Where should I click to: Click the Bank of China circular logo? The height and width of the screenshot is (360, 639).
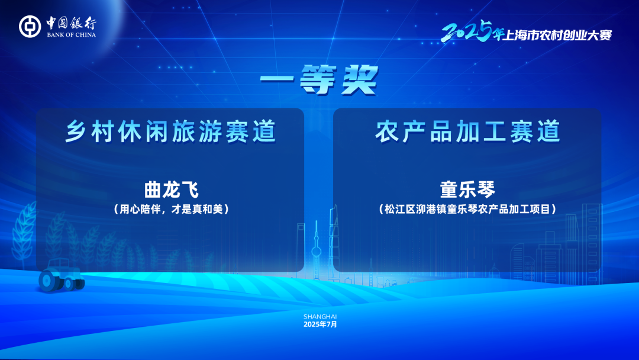pos(30,27)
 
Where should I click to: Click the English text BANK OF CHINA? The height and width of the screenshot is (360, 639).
pos(72,35)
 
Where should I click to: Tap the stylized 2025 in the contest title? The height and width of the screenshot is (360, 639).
pos(467,31)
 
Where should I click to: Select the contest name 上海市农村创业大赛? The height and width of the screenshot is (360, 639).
pos(557,36)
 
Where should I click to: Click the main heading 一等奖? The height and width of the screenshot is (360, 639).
pos(319,80)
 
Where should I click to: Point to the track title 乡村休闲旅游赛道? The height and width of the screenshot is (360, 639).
pos(170,131)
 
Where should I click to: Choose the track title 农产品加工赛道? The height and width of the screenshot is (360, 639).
pos(467,131)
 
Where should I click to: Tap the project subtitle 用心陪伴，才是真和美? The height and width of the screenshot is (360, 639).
pos(171,210)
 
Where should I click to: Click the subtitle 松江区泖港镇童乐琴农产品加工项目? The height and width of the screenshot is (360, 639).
pos(467,210)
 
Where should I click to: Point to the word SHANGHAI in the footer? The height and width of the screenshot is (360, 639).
pos(320,316)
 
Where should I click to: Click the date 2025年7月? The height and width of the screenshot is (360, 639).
pos(320,324)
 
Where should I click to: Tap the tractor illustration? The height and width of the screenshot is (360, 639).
pos(62,275)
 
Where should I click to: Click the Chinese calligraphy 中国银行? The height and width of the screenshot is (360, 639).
pos(72,23)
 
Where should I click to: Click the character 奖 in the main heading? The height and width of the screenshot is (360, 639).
pos(360,80)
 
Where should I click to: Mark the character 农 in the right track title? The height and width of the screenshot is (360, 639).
pos(386,131)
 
